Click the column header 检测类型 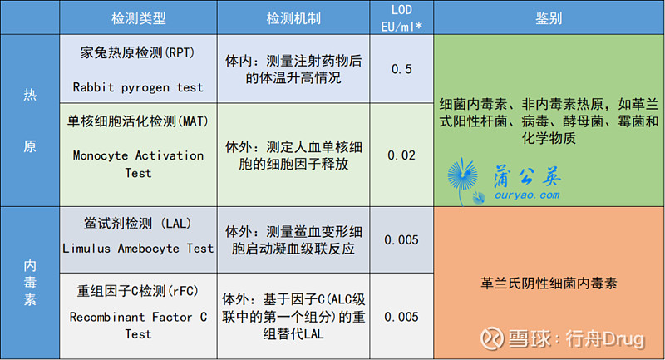coord(138,18)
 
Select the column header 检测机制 coord(293,18)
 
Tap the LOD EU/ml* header coord(401,18)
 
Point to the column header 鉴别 coord(549,18)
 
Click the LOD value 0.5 coord(401,69)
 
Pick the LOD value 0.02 coord(401,155)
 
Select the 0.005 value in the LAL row coord(401,240)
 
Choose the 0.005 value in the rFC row coord(401,317)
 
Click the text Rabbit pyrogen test coord(138,87)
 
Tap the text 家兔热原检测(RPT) coord(138,52)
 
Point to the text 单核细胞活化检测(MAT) coord(138,121)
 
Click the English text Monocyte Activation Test coord(138,164)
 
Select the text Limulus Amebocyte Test coord(138,249)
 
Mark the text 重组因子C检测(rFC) coord(138,291)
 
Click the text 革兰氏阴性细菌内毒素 coord(549,283)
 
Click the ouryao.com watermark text coord(527,195)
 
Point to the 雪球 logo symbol coord(492,338)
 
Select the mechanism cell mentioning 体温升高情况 coord(293,69)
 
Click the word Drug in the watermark coord(623,339)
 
